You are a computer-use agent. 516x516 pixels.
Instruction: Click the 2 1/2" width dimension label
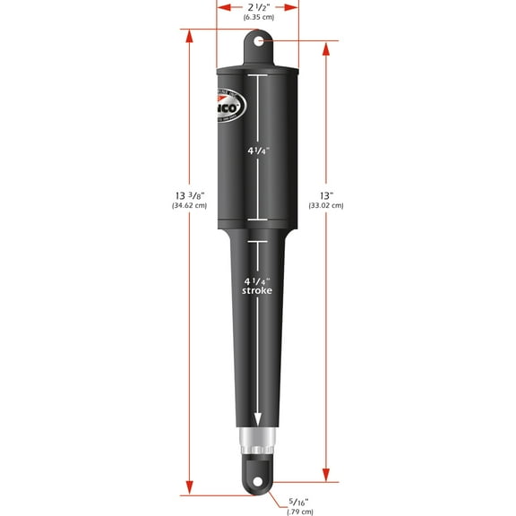tap(258, 7)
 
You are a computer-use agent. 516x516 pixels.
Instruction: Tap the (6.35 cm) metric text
tap(258, 18)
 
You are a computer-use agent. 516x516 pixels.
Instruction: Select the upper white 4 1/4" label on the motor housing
tap(258, 150)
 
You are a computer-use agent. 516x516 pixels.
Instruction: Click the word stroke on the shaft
tap(258, 291)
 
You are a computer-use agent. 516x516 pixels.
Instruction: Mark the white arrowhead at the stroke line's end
tap(258, 419)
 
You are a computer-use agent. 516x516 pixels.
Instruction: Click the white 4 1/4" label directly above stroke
tap(258, 279)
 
